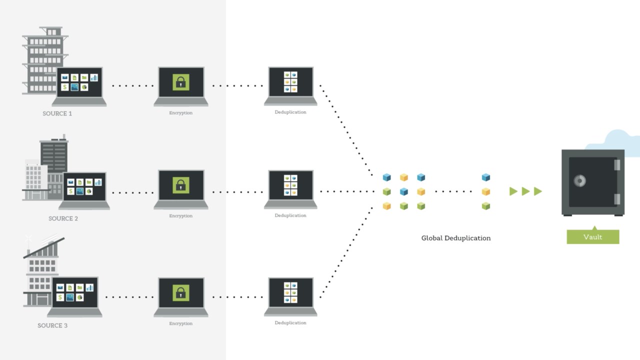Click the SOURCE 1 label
tap(57, 113)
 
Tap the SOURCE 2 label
tap(63, 218)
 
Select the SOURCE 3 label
tap(52, 325)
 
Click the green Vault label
tap(593, 237)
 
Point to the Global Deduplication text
tap(456, 238)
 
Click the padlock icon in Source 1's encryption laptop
tap(181, 82)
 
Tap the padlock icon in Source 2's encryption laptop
tap(181, 185)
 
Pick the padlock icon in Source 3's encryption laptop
tap(181, 292)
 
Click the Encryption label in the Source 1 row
tap(181, 113)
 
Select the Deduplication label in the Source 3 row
tap(290, 323)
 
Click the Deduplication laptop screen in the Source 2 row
tap(291, 185)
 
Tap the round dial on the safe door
tap(579, 180)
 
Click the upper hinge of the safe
tap(617, 165)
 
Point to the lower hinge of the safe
tap(617, 199)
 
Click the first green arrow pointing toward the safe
tap(513, 191)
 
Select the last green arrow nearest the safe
tap(538, 191)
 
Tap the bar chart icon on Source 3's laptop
tap(89, 287)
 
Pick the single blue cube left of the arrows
tap(485, 177)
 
